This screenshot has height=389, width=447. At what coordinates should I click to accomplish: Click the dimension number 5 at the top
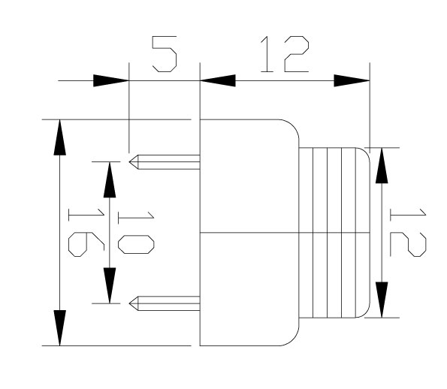[165, 54]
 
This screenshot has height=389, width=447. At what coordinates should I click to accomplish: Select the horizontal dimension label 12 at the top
[285, 54]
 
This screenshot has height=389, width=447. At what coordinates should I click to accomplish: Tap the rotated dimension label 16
[86, 232]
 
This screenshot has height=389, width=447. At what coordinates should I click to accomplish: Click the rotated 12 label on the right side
[408, 232]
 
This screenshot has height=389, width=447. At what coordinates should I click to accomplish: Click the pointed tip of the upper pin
[129, 162]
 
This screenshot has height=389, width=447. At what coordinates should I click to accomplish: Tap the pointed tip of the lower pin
[129, 303]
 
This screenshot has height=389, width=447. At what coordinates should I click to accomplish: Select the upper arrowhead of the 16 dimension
[59, 137]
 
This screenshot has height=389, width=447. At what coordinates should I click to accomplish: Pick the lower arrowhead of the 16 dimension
[59, 327]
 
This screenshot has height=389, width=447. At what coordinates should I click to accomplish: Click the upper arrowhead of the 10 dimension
[110, 179]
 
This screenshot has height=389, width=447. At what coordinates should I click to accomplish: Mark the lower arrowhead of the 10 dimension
[110, 285]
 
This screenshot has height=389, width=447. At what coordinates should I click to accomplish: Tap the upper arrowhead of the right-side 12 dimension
[382, 165]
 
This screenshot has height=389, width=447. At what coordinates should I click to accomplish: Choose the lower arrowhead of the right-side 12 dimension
[382, 300]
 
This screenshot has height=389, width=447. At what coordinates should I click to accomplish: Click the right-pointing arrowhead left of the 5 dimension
[111, 80]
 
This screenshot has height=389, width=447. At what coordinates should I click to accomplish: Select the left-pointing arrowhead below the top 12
[218, 80]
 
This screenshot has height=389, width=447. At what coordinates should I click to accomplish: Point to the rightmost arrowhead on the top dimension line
[352, 80]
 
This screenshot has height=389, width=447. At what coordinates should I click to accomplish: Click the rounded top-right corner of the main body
[294, 125]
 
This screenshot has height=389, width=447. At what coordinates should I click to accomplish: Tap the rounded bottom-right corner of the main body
[294, 340]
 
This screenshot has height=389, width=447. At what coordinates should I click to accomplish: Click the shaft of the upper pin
[169, 162]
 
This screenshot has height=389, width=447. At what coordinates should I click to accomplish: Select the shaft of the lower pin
[169, 303]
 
